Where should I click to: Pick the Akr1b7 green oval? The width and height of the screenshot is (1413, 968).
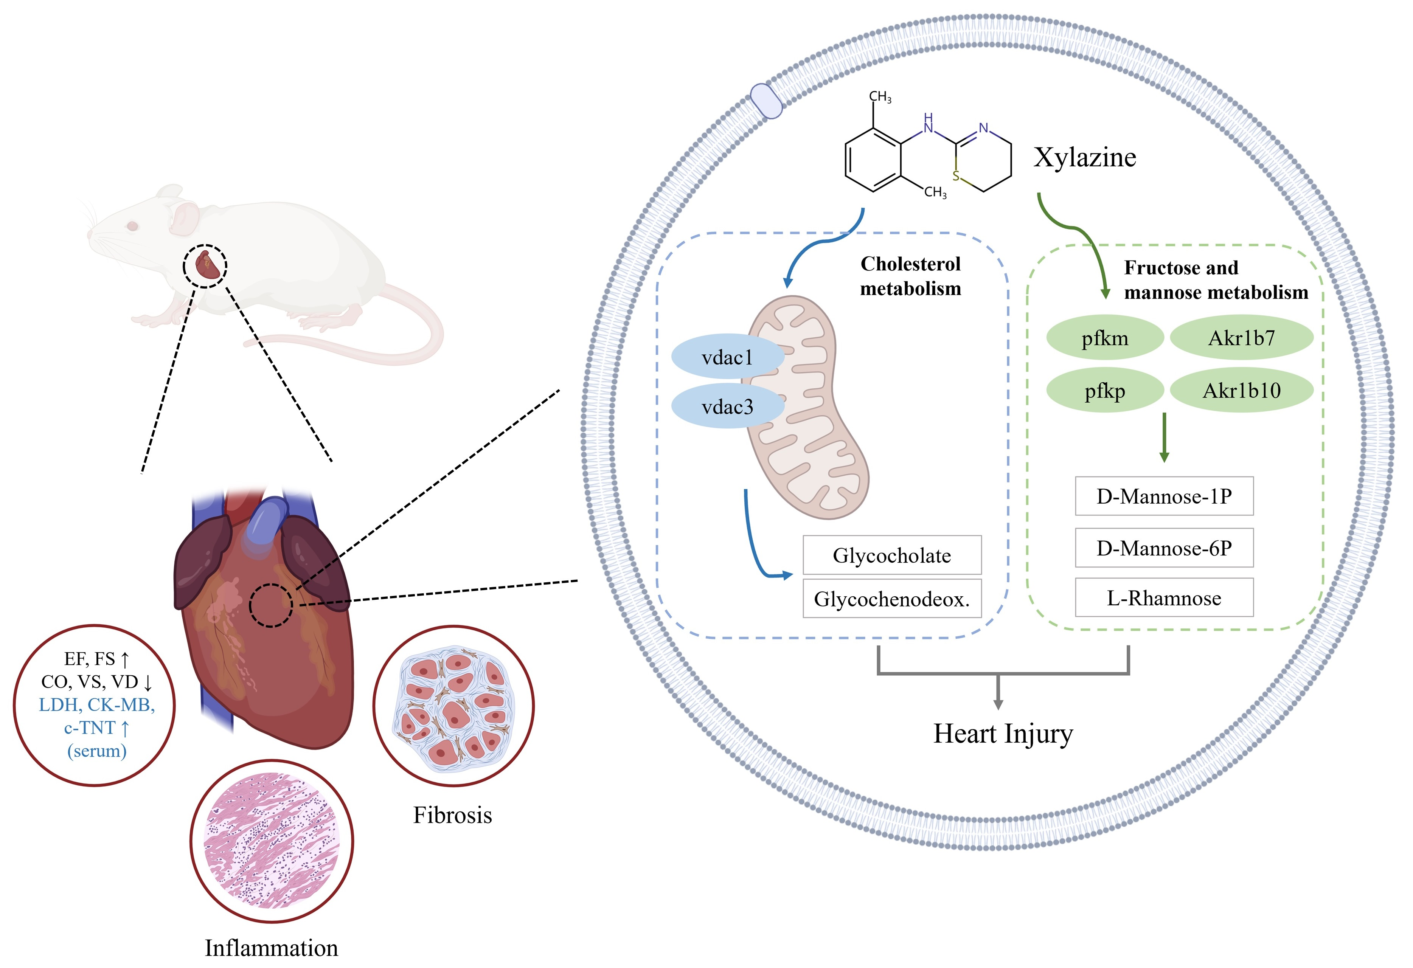coord(1241,337)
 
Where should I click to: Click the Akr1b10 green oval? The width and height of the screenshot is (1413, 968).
coord(1241,390)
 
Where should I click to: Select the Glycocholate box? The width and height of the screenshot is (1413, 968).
coord(891,555)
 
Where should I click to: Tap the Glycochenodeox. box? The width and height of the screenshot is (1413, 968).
coord(891,599)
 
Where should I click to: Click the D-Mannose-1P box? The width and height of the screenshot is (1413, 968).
coord(1164,496)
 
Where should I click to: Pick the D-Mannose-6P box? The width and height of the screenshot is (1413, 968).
coord(1164,548)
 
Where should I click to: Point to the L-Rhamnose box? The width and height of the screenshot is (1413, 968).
coord(1164,598)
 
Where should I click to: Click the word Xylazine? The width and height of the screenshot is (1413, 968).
coord(1085,157)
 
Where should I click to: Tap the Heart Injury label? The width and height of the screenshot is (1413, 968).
coord(1003,733)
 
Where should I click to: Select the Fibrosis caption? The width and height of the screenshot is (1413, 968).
coord(452,815)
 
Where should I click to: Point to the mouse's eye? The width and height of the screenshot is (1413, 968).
coord(132,226)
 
